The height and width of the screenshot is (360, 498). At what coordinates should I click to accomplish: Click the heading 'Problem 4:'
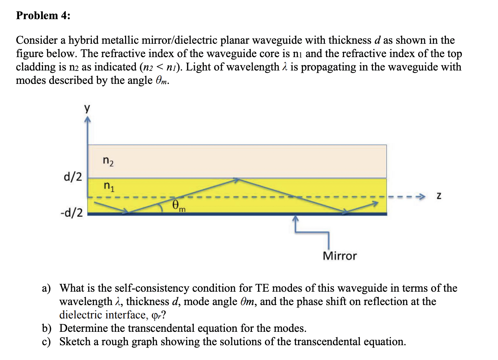coord(43,16)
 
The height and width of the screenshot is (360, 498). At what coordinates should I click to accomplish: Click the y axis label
coord(87,108)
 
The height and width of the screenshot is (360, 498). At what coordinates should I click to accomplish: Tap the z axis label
coord(439,196)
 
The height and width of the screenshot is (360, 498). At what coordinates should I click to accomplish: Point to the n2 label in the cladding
coord(108,161)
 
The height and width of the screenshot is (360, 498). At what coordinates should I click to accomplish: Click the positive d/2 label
coord(73,177)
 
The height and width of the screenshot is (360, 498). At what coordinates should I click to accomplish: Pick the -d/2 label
coord(72,212)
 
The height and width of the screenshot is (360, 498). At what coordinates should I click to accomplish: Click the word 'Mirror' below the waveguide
coord(339,256)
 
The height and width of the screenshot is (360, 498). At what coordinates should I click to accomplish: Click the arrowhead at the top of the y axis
coord(87,119)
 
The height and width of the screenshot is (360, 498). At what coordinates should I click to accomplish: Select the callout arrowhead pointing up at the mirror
coord(296,218)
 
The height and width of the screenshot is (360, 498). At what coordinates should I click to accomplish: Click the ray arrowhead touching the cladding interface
coord(236,179)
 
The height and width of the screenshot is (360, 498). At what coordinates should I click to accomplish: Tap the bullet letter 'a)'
coord(46,288)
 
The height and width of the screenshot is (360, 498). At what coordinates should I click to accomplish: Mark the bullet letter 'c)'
coord(46,342)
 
